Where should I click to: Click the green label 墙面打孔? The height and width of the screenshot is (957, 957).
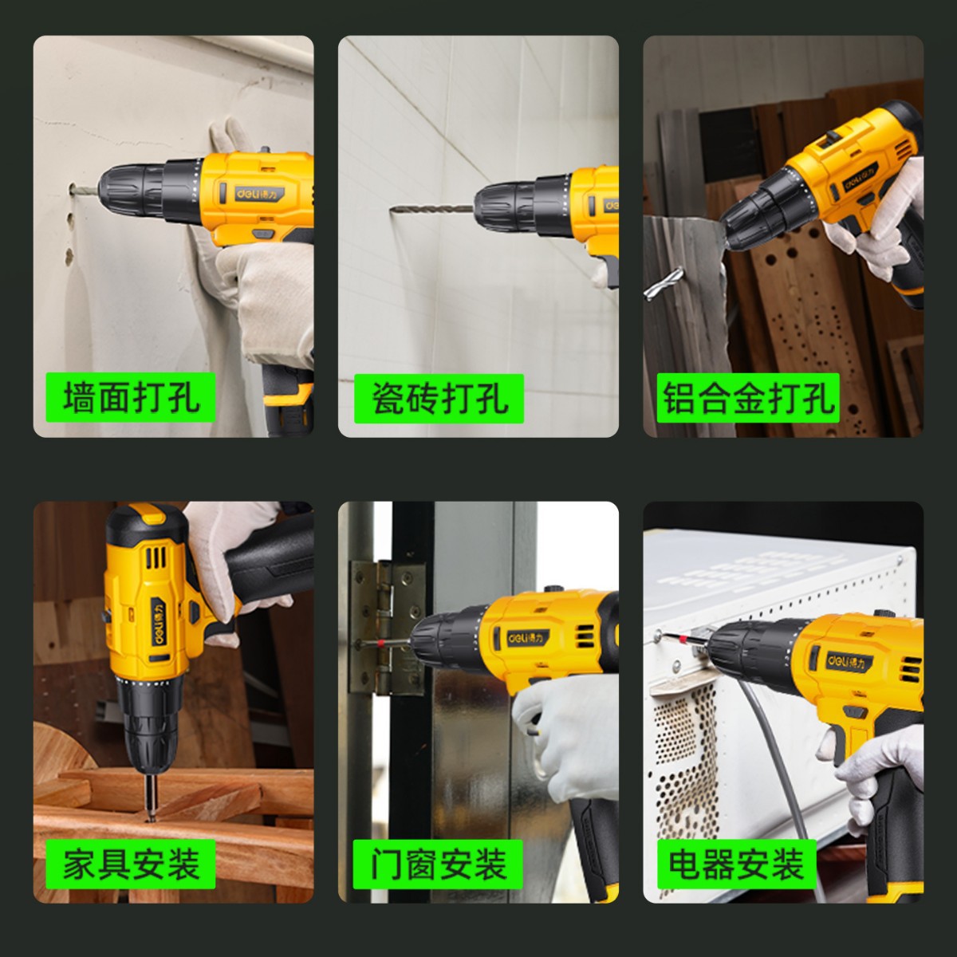pos(131,397)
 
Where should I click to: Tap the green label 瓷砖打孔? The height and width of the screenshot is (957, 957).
pos(439,398)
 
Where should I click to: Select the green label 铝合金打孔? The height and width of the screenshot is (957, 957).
pos(748,398)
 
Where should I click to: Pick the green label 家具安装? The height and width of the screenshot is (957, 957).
pos(131,864)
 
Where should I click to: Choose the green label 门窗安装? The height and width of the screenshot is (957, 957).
pos(438,864)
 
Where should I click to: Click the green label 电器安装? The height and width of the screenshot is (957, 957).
pos(737,864)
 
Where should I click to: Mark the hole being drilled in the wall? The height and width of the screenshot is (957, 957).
pos(72,189)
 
